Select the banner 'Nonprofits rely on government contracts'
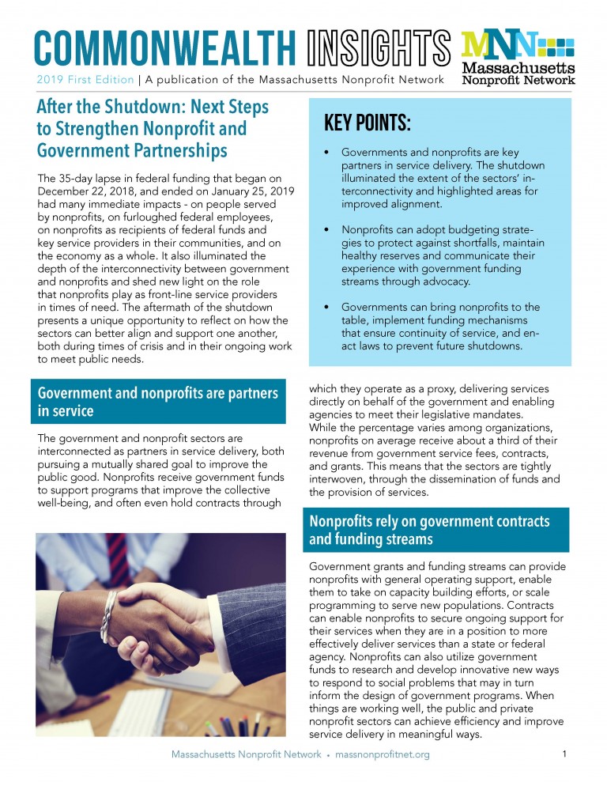(x=435, y=530)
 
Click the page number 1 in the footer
(x=564, y=754)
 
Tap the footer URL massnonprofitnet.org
(x=383, y=755)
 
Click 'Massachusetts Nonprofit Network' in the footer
(x=245, y=755)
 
